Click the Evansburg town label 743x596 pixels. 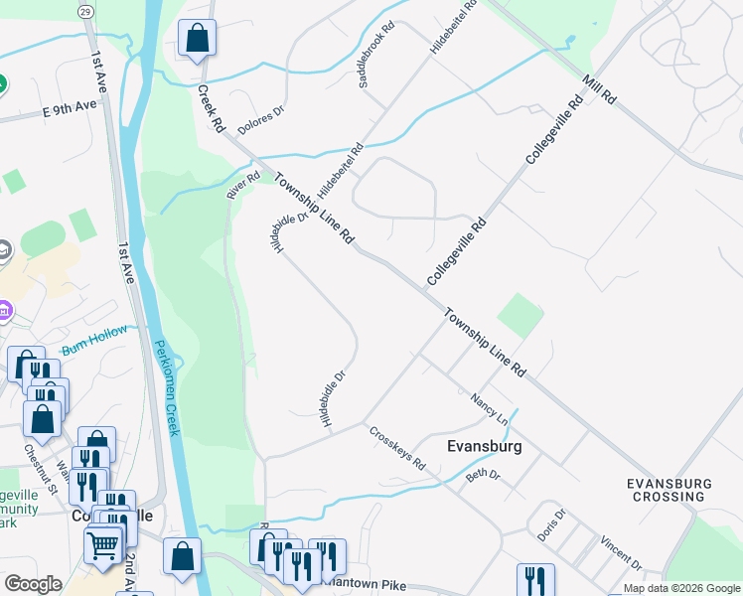point(485,447)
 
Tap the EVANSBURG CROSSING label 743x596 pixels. point(669,490)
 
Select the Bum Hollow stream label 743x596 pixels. point(94,340)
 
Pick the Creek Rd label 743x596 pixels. point(210,109)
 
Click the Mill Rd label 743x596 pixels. point(601,89)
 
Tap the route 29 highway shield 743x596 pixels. point(85,8)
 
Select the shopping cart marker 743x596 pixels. point(103,545)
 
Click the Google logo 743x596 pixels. point(33,584)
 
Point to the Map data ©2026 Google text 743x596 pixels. point(680,588)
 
